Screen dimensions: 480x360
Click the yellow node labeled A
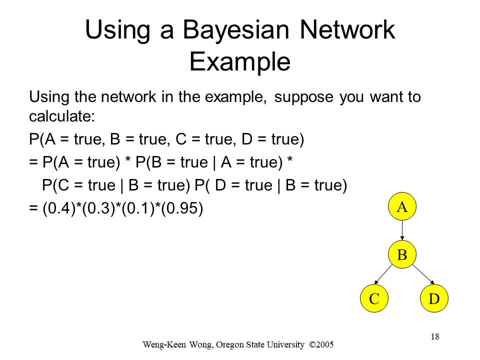click(402, 206)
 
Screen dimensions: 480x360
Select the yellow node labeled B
click(402, 254)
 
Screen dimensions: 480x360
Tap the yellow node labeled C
click(374, 298)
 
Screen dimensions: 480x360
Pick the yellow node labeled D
click(434, 298)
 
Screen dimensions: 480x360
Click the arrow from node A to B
click(402, 230)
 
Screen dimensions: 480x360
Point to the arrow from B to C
click(383, 274)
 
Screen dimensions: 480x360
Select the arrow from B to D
click(423, 274)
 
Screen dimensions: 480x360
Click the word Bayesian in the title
click(236, 30)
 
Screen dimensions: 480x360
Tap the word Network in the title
click(347, 29)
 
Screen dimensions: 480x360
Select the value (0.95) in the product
click(182, 208)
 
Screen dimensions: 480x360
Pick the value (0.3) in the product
click(98, 208)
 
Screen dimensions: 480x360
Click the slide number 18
click(435, 336)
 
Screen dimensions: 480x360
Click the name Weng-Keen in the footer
click(164, 345)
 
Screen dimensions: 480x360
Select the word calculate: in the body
click(62, 116)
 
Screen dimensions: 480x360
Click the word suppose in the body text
click(303, 97)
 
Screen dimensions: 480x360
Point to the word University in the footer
click(286, 345)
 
